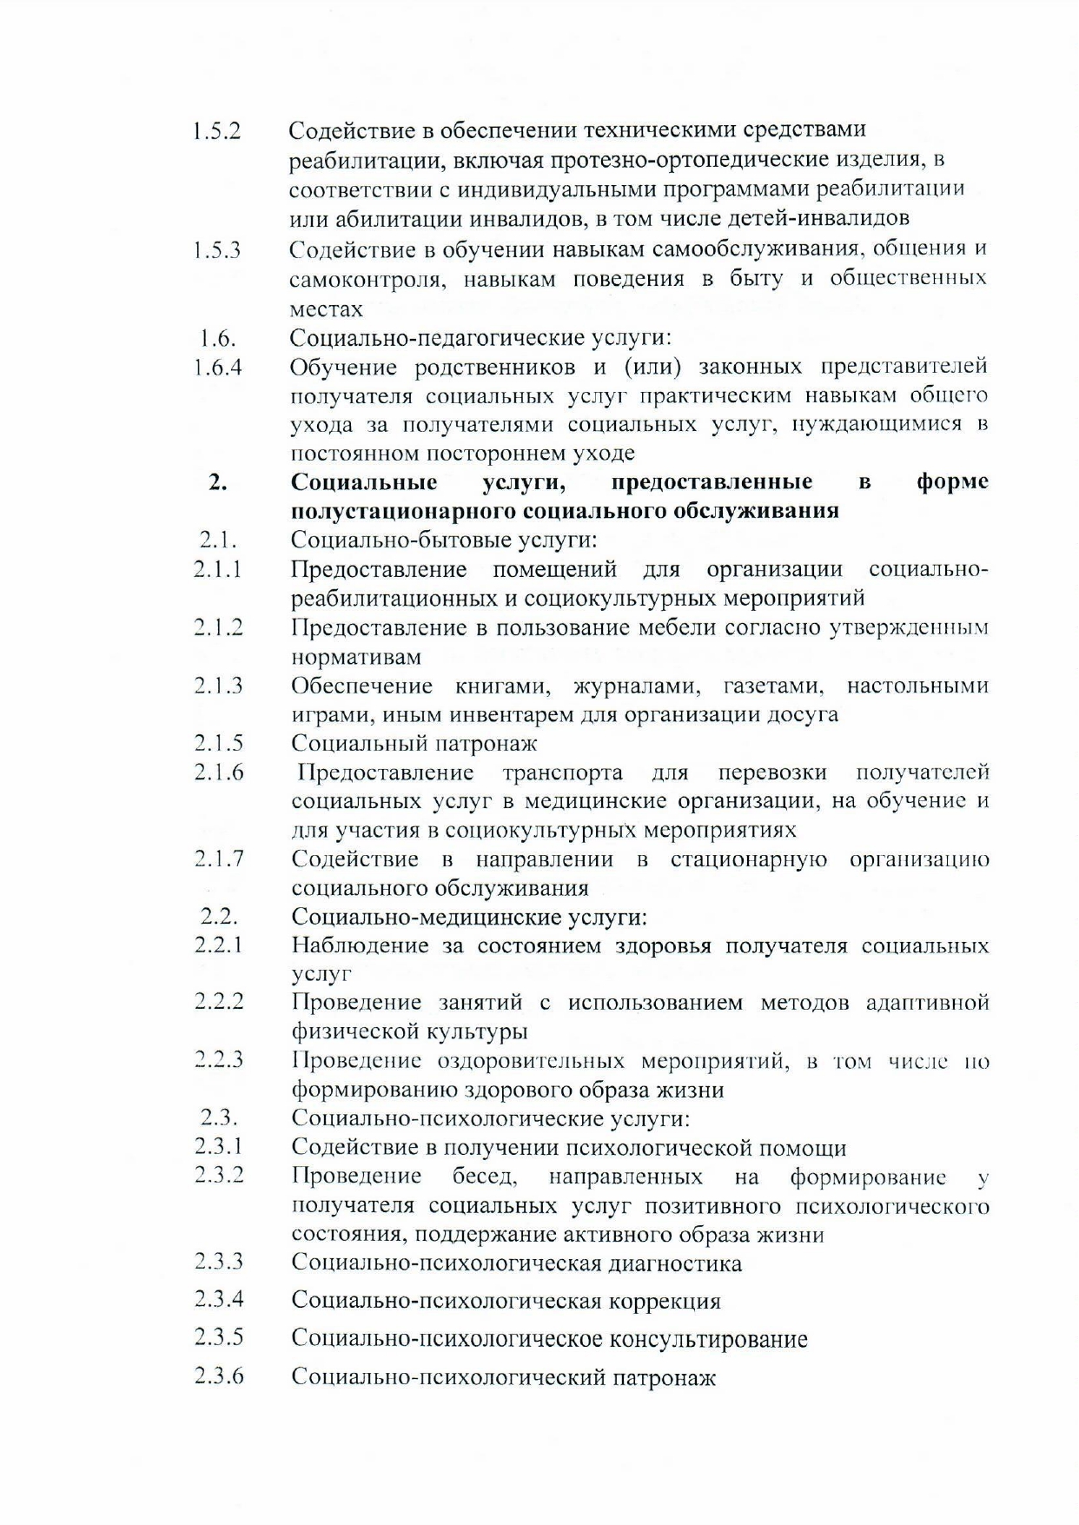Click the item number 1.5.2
pyautogui.click(x=217, y=131)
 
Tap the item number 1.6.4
pyautogui.click(x=218, y=368)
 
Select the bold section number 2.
pyautogui.click(x=217, y=482)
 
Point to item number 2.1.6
pyautogui.click(x=219, y=772)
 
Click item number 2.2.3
pyautogui.click(x=219, y=1060)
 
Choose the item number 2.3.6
pyautogui.click(x=219, y=1376)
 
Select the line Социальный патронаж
pyautogui.click(x=414, y=743)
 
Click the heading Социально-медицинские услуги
pyautogui.click(x=469, y=917)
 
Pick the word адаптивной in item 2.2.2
pyautogui.click(x=928, y=1003)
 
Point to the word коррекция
pyautogui.click(x=665, y=1301)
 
